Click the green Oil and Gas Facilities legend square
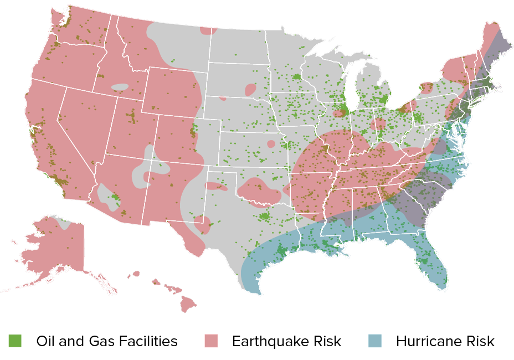(14, 341)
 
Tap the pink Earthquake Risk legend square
(212, 341)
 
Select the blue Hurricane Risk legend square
(375, 341)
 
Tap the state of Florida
(429, 260)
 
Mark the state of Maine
(496, 47)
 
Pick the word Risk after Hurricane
(480, 341)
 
